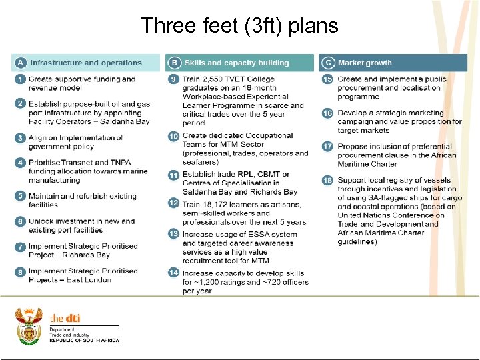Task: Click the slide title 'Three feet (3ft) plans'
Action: click(240, 26)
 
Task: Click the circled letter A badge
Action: click(21, 63)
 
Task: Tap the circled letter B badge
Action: click(174, 63)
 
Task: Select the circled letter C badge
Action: click(327, 63)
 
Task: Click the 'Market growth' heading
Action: click(365, 63)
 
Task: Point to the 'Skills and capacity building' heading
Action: click(237, 63)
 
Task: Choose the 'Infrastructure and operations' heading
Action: click(86, 63)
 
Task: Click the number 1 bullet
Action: click(21, 79)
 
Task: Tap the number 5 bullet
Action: click(21, 197)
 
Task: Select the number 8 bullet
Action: click(21, 271)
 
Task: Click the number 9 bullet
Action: click(174, 79)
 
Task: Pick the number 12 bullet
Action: click(174, 203)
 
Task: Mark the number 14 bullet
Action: click(174, 273)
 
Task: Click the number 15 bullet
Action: click(327, 79)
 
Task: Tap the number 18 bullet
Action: click(327, 181)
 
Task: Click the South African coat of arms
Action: click(29, 325)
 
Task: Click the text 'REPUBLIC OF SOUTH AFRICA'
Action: click(84, 341)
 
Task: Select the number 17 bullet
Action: click(327, 146)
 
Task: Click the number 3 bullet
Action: click(21, 138)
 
